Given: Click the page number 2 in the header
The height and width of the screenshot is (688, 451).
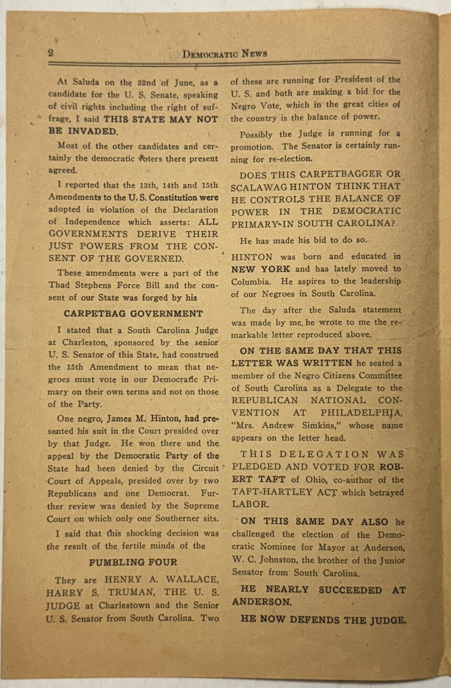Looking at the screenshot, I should [51, 53].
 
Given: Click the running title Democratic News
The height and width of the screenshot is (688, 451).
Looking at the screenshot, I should [225, 54].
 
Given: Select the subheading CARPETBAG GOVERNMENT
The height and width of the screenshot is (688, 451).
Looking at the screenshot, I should [133, 314].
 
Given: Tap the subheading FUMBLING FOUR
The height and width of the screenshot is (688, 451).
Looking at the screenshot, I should [133, 562].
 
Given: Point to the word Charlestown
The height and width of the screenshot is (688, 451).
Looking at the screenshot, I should [120, 605].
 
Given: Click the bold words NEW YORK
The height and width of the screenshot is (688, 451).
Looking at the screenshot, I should [261, 269].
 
